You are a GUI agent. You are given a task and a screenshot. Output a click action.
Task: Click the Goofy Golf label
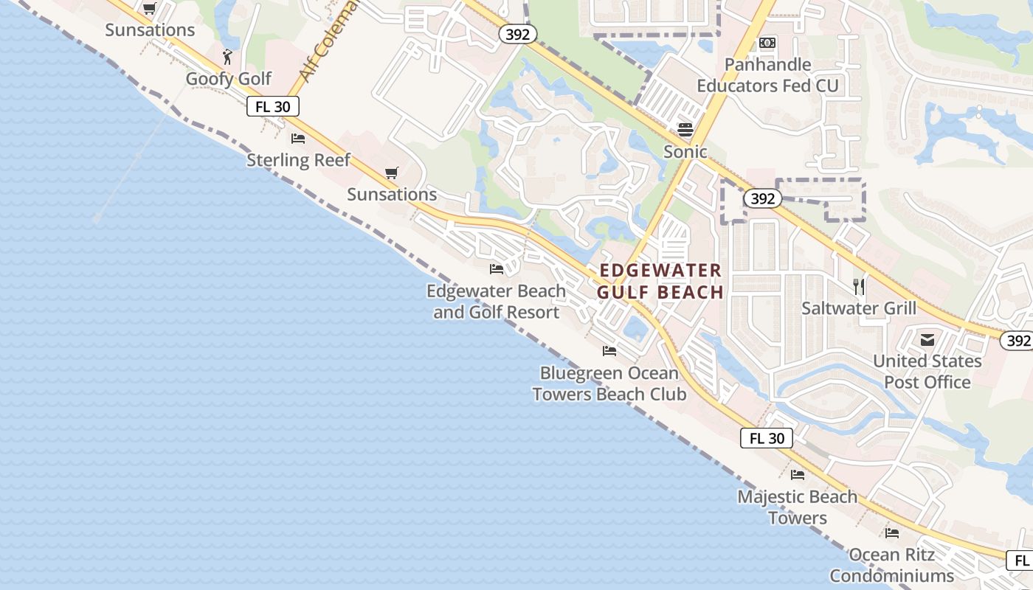pyautogui.click(x=228, y=78)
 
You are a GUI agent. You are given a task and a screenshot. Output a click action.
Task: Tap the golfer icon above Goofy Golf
pyautogui.click(x=228, y=56)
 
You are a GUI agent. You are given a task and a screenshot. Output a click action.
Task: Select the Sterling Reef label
pyautogui.click(x=298, y=160)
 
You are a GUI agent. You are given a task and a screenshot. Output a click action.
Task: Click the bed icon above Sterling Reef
pyautogui.click(x=298, y=138)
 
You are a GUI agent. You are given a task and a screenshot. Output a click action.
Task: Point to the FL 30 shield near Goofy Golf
pyautogui.click(x=272, y=106)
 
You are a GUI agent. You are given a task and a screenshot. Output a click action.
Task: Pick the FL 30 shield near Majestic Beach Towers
pyautogui.click(x=767, y=438)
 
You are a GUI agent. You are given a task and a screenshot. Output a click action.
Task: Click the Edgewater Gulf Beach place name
pyautogui.click(x=660, y=281)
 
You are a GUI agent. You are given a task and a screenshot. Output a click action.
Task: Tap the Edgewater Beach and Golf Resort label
pyautogui.click(x=496, y=302)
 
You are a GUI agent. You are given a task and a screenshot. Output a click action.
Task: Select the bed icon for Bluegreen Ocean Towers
pyautogui.click(x=609, y=350)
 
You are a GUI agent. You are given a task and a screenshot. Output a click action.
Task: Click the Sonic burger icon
pyautogui.click(x=685, y=130)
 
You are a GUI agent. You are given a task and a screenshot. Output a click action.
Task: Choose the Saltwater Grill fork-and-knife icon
pyautogui.click(x=859, y=286)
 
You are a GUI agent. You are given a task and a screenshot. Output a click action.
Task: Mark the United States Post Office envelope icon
pyautogui.click(x=927, y=340)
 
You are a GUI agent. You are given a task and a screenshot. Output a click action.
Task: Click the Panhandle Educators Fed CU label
pyautogui.click(x=767, y=75)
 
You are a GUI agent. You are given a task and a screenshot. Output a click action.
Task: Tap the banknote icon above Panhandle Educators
pyautogui.click(x=767, y=43)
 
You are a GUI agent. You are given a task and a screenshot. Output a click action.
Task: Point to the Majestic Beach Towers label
pyautogui.click(x=797, y=507)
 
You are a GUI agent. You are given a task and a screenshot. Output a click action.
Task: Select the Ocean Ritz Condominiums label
pyautogui.click(x=891, y=565)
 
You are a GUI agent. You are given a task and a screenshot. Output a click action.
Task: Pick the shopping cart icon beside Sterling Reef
pyautogui.click(x=392, y=173)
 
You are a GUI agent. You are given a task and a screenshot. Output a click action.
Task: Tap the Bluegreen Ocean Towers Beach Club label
pyautogui.click(x=609, y=383)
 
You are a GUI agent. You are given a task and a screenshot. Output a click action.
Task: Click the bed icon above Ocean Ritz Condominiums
pyautogui.click(x=892, y=532)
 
